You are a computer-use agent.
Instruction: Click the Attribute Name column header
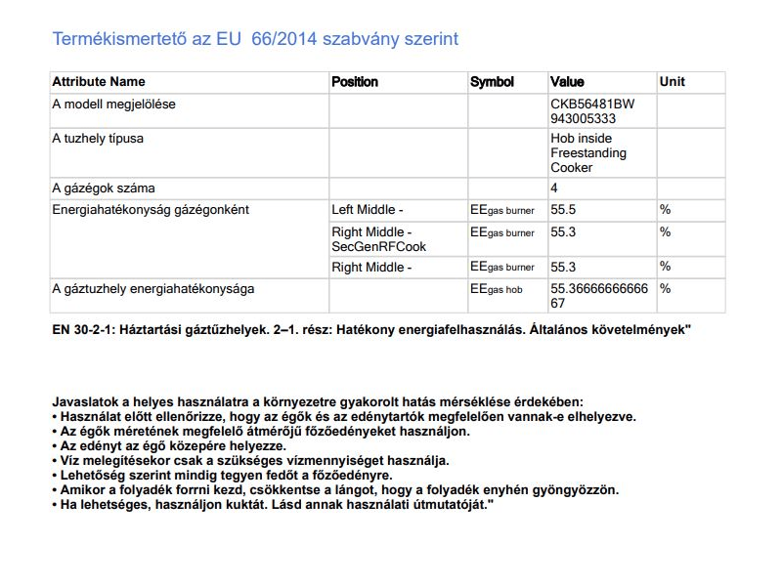(x=98, y=82)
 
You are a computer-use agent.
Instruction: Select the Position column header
(x=355, y=82)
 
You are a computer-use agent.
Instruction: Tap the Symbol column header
(x=492, y=82)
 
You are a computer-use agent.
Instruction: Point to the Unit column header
(x=673, y=82)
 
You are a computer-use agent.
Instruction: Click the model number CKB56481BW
(x=592, y=104)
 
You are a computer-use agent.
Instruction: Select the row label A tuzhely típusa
(x=98, y=139)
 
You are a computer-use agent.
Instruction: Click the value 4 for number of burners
(x=554, y=188)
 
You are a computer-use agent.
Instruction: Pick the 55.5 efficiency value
(x=563, y=209)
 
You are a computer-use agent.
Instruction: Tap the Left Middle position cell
(x=367, y=209)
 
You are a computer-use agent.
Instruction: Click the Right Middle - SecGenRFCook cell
(x=379, y=239)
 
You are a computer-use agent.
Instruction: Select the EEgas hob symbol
(x=497, y=289)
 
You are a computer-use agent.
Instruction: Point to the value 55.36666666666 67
(x=599, y=296)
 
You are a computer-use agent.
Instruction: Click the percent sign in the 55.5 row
(x=665, y=209)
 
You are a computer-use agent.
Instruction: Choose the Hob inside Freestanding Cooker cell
(x=588, y=153)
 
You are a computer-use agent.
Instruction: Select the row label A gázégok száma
(x=104, y=188)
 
